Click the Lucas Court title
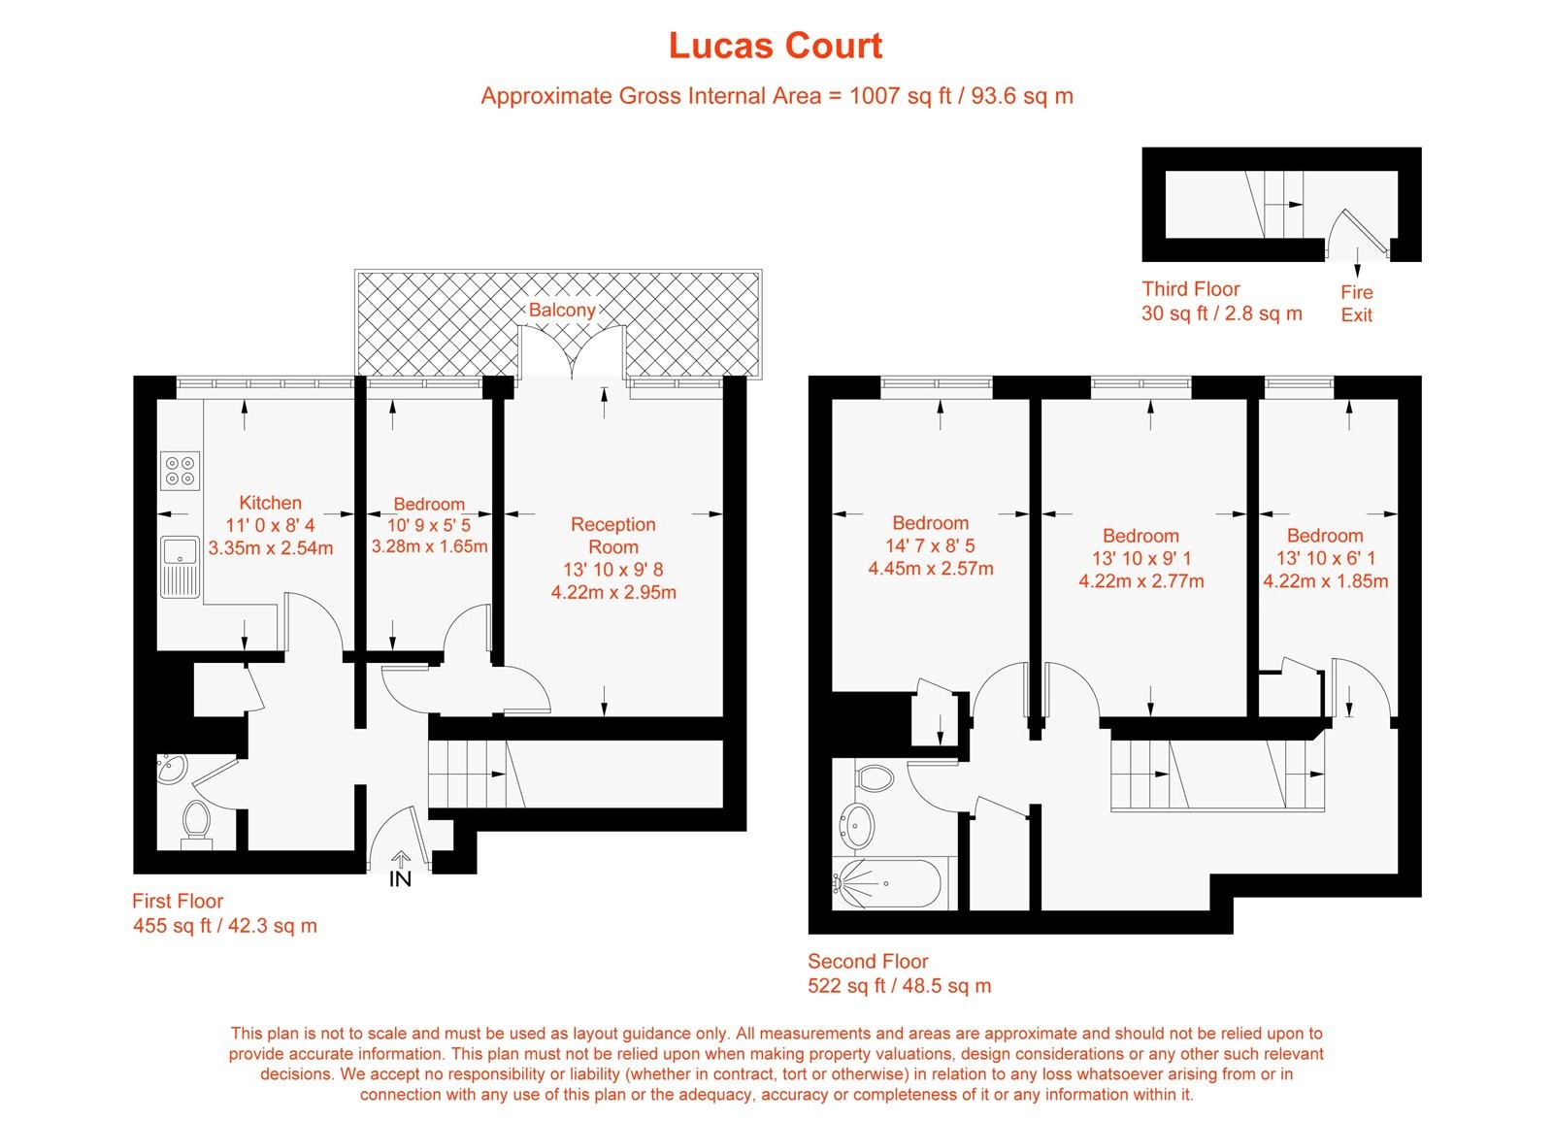click(775, 46)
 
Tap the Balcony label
click(561, 310)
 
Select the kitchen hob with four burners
click(181, 471)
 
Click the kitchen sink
click(181, 566)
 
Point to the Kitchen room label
click(270, 503)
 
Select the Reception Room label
click(612, 536)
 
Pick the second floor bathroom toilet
click(875, 777)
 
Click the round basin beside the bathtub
click(856, 825)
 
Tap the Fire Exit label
click(1356, 303)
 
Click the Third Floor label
click(1190, 288)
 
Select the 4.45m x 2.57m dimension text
click(930, 569)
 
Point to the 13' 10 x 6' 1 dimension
click(1325, 558)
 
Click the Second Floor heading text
click(868, 961)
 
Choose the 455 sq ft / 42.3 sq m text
click(224, 925)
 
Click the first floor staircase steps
click(466, 775)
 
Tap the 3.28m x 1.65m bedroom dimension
click(429, 546)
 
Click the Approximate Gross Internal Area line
click(776, 96)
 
